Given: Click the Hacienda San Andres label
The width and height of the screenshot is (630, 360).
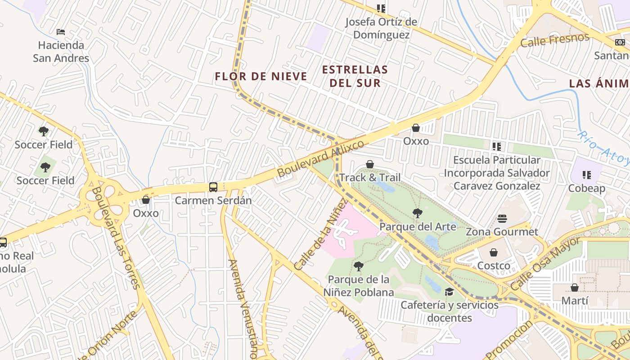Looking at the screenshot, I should coord(61,52).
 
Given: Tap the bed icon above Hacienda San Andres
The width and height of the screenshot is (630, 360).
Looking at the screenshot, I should coord(61,32).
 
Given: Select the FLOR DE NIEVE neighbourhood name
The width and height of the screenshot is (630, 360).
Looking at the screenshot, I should coord(261,76).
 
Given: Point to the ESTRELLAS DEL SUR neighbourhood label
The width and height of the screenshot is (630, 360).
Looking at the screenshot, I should coord(355,76).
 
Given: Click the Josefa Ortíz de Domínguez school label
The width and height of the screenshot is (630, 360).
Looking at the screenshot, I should coord(381,28).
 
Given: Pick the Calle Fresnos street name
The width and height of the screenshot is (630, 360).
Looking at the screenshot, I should coord(554,40).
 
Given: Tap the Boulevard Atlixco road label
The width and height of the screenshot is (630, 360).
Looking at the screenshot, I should coord(320,158).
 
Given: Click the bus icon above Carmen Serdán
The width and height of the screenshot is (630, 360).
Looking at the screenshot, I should coord(213,187).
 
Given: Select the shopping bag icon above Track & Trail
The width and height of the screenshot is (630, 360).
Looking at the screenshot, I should coord(370,164).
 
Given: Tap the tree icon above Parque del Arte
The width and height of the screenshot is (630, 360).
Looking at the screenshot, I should coord(417,213).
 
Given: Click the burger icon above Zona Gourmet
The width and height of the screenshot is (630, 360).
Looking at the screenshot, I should coord(502,219).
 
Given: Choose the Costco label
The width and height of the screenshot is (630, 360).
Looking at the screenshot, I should coord(494,265).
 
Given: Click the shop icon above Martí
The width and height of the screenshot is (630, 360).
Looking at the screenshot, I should coord(575,287).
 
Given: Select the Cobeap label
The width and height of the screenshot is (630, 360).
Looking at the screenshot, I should coord(586,188).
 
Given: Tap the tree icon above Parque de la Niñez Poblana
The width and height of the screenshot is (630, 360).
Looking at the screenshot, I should coord(358,266).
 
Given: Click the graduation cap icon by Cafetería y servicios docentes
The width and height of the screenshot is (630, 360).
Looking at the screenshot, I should coord(449,292).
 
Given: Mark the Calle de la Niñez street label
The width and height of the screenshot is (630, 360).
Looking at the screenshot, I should coord(321,235).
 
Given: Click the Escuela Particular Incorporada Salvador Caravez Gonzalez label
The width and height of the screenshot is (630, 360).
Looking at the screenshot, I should coord(497,173).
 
